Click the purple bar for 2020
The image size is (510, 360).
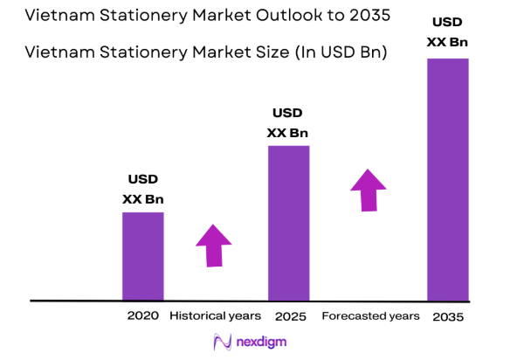pyautogui.click(x=142, y=255)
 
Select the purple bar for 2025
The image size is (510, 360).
pyautogui.click(x=288, y=222)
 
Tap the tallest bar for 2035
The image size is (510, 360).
pyautogui.click(x=447, y=179)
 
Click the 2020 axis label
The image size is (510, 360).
pyautogui.click(x=142, y=315)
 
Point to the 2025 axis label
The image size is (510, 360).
pyautogui.click(x=288, y=315)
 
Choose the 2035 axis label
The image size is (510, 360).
pyautogui.click(x=447, y=316)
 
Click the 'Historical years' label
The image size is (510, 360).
pyautogui.click(x=215, y=315)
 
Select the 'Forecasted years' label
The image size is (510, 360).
pyautogui.click(x=370, y=315)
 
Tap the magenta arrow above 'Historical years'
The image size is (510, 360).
pyautogui.click(x=213, y=245)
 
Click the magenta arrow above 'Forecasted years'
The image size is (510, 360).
pyautogui.click(x=369, y=189)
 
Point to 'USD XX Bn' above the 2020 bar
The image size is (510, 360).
pyautogui.click(x=142, y=189)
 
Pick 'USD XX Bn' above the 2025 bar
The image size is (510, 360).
pyautogui.click(x=287, y=122)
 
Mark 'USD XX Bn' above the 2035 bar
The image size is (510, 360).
pyautogui.click(x=447, y=31)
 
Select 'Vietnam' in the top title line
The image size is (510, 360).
pyautogui.click(x=58, y=17)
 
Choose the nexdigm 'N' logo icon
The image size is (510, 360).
pyautogui.click(x=221, y=343)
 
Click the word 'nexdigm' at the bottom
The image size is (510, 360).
pyautogui.click(x=265, y=343)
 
